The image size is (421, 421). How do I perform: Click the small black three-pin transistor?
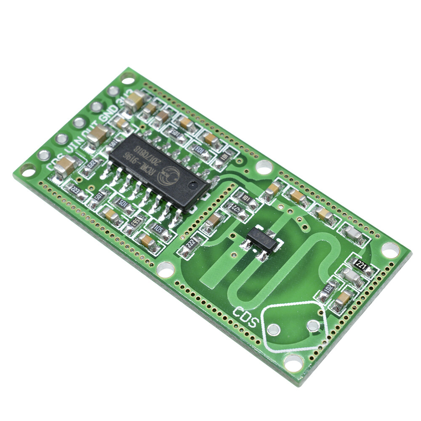tap(261, 241)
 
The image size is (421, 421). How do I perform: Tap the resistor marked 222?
tap(190, 244)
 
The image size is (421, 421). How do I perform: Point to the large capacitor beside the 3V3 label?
tap(136, 101)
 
